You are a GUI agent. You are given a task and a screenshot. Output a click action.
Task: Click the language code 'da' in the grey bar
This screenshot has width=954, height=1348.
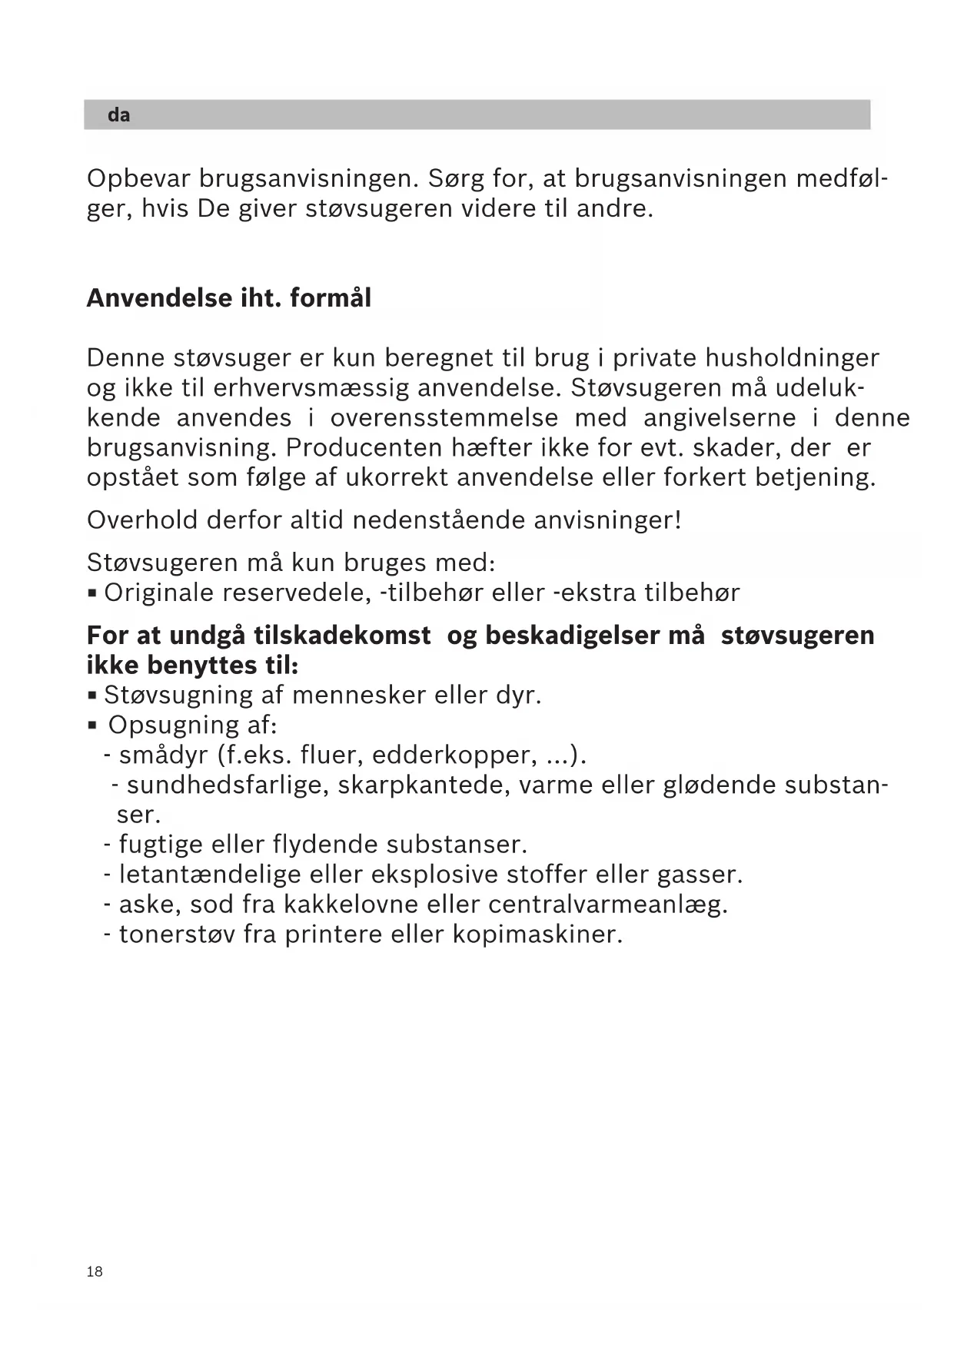tap(118, 115)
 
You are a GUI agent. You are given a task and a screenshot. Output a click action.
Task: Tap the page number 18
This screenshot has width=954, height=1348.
tap(95, 1272)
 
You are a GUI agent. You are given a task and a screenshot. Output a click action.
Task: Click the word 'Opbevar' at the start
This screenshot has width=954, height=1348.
tap(138, 179)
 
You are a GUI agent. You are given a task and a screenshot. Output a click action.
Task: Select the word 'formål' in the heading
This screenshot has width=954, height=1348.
tap(331, 298)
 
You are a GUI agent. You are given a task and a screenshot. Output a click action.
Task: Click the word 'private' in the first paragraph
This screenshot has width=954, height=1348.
tap(655, 358)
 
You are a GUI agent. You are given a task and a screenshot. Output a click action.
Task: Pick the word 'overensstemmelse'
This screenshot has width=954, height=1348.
tap(444, 418)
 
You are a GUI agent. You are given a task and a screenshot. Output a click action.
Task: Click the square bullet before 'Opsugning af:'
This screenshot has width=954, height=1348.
tap(92, 725)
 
